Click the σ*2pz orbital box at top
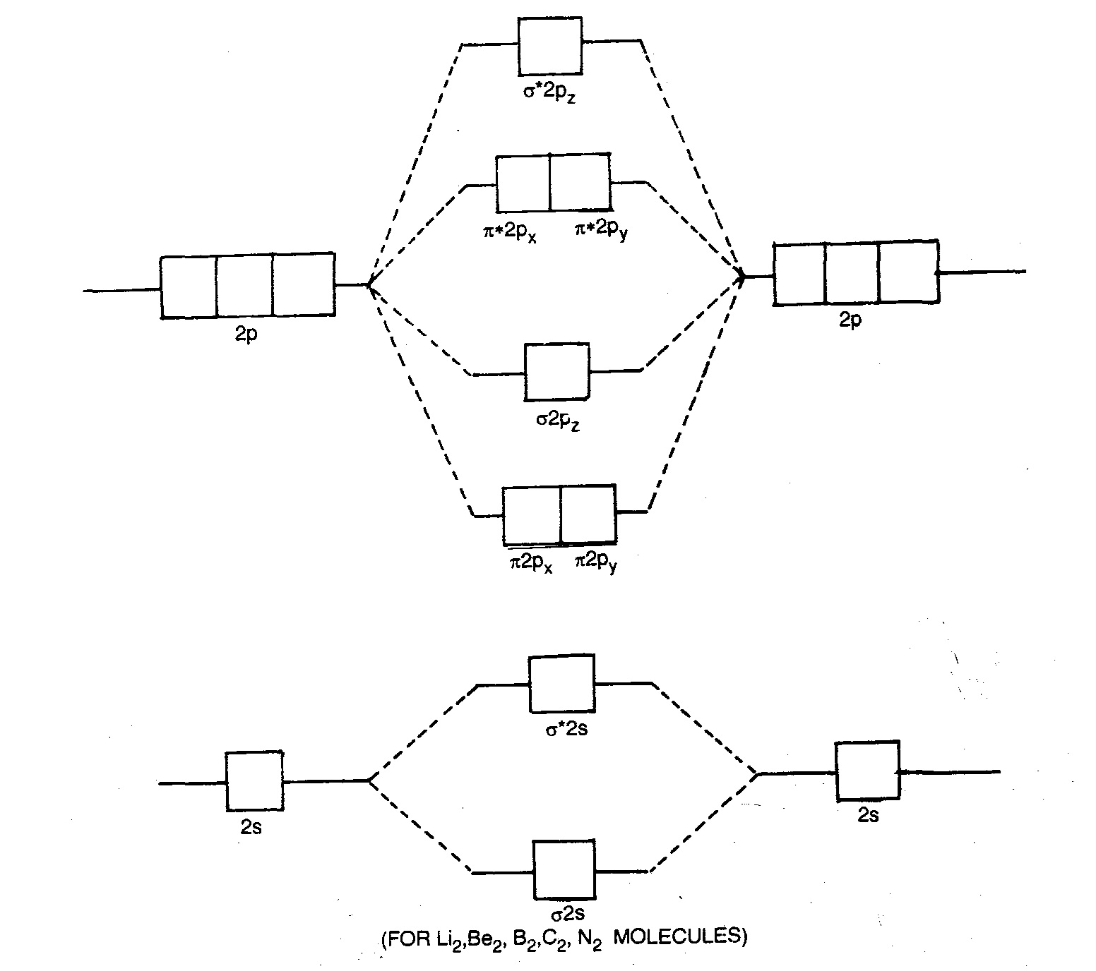(550, 46)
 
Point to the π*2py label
(600, 231)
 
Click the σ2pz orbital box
(556, 371)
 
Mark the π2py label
(595, 562)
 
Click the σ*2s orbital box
(562, 684)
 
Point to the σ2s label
(567, 915)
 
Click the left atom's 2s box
(254, 780)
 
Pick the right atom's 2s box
(867, 770)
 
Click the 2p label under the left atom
(246, 334)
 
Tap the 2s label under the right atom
(868, 816)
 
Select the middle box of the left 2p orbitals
(244, 286)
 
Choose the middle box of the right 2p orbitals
(852, 274)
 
